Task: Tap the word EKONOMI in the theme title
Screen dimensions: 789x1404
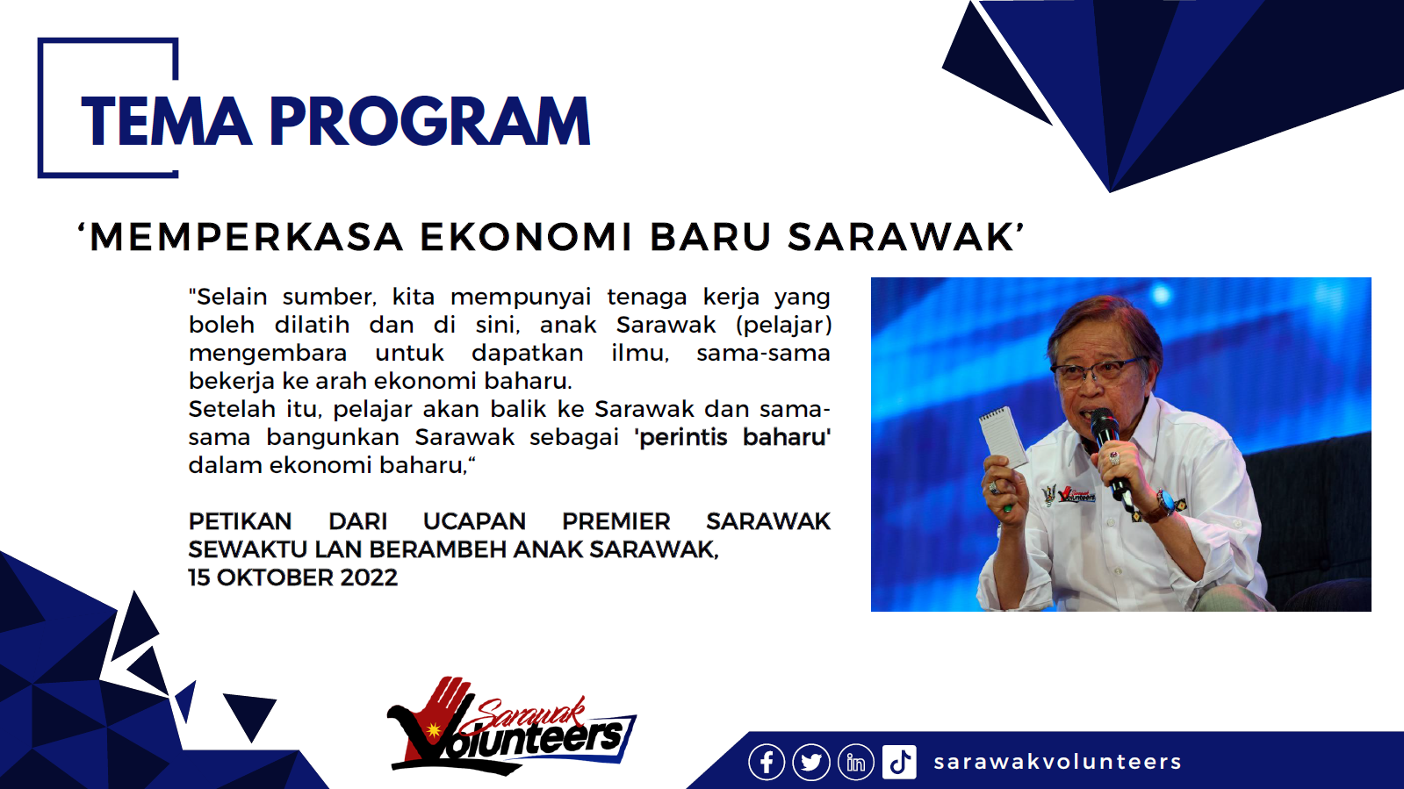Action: pyautogui.click(x=526, y=237)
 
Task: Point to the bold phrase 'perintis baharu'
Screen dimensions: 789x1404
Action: pyautogui.click(x=732, y=437)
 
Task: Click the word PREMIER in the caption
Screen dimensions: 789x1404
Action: pyautogui.click(x=616, y=521)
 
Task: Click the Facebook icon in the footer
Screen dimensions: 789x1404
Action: pyautogui.click(x=767, y=762)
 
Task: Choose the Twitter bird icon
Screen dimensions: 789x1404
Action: pyautogui.click(x=811, y=762)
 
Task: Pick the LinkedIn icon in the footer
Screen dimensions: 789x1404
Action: pyautogui.click(x=855, y=762)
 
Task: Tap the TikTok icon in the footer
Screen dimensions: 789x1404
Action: pyautogui.click(x=899, y=762)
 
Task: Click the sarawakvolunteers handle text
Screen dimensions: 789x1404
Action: pyautogui.click(x=1057, y=762)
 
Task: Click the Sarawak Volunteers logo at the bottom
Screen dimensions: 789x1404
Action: pyautogui.click(x=509, y=727)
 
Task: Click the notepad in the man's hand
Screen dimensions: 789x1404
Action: pyautogui.click(x=1003, y=436)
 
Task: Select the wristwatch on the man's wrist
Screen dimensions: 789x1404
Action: pyautogui.click(x=1162, y=506)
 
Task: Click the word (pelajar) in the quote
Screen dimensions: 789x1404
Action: pyautogui.click(x=783, y=325)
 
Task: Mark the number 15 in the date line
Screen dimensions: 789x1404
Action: pyautogui.click(x=199, y=577)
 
